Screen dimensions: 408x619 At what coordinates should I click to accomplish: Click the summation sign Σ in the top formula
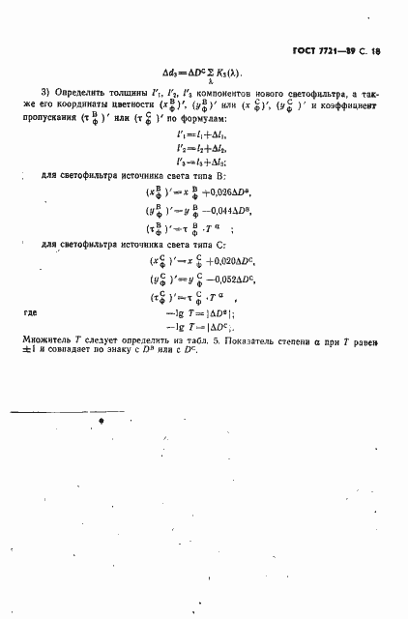click(205, 73)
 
